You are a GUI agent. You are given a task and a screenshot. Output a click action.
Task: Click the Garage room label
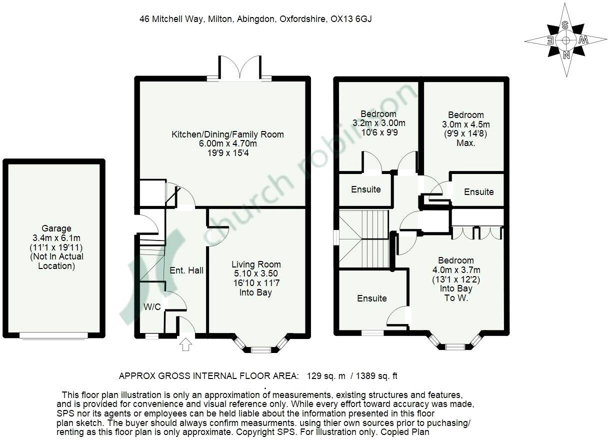click(56, 228)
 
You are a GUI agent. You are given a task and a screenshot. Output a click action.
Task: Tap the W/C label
click(152, 306)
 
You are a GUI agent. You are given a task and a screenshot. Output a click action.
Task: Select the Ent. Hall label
click(186, 270)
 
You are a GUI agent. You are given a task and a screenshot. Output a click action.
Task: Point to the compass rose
click(566, 40)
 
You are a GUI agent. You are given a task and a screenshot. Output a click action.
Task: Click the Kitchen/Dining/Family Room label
click(227, 134)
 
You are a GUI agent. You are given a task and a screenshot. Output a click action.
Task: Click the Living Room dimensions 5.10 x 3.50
click(256, 273)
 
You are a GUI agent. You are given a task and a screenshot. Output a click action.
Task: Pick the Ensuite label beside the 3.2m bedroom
click(365, 189)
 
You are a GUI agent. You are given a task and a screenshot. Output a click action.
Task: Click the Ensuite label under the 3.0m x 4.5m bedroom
click(478, 191)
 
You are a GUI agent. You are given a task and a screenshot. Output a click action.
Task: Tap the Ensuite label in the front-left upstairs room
click(371, 298)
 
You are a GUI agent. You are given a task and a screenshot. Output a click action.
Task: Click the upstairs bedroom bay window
click(455, 345)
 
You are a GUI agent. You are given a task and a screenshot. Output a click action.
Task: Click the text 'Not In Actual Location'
click(56, 261)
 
